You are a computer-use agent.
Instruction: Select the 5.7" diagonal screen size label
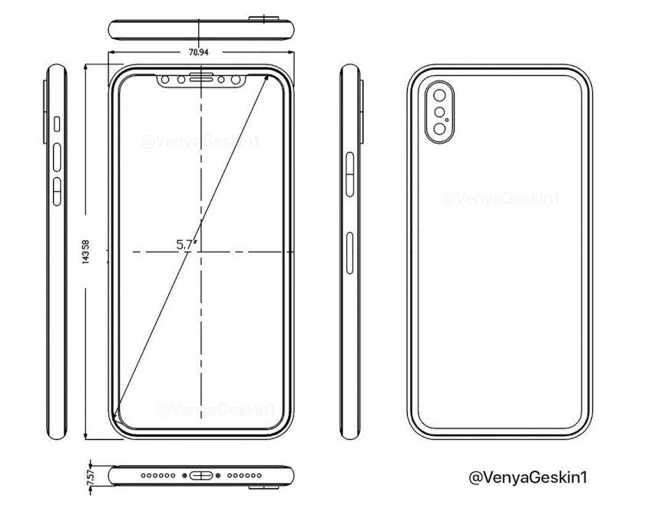coord(184,245)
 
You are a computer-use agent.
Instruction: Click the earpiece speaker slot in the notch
coord(200,78)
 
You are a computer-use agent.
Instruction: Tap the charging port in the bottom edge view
coord(200,477)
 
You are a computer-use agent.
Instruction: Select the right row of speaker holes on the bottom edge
coord(243,477)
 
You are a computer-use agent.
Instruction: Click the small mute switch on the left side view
coord(58,123)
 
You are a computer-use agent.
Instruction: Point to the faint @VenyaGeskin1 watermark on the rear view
coord(499,200)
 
